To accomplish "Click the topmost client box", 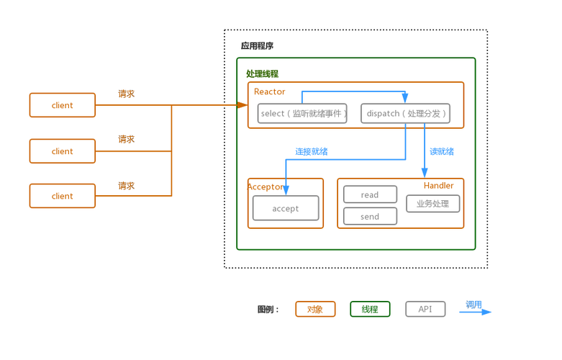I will (62, 105).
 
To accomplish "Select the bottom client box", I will (62, 196).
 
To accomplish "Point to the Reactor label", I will (270, 91).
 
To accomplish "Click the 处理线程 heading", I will (262, 73).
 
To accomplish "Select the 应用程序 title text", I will (257, 46).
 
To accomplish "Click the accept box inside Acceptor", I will (285, 209).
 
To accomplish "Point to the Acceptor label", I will (266, 186).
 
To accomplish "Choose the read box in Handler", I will (370, 194).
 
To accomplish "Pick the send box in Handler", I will (370, 216).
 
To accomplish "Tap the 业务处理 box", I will (432, 204).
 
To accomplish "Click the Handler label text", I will (438, 186).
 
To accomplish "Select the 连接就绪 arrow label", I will (312, 152).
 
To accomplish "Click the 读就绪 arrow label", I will (442, 152).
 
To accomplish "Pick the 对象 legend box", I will (315, 310).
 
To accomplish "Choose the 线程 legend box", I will (370, 310).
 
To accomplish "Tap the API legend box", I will (425, 310).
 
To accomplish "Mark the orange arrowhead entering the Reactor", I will (243, 105).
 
